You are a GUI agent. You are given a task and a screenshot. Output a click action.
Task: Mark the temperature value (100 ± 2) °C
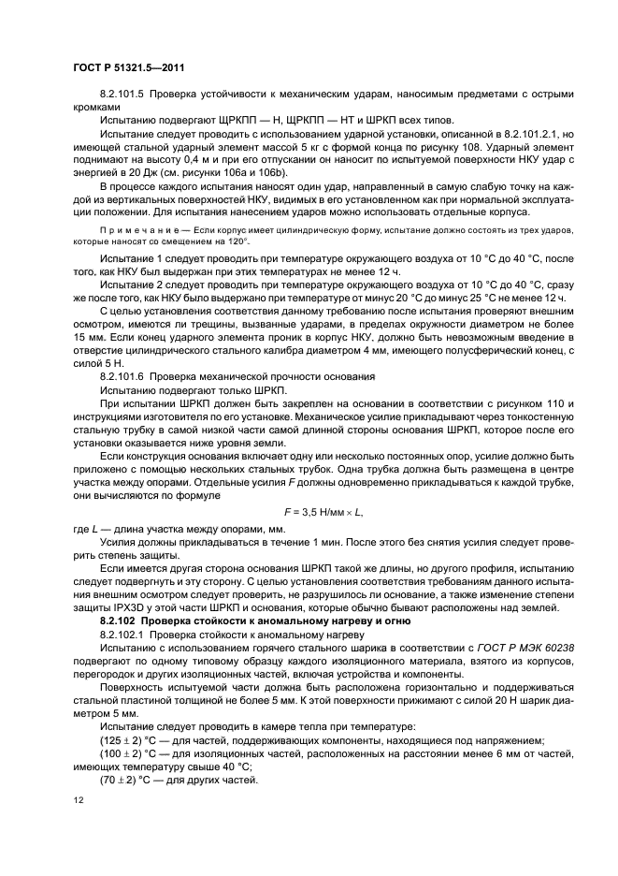point(131,752)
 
